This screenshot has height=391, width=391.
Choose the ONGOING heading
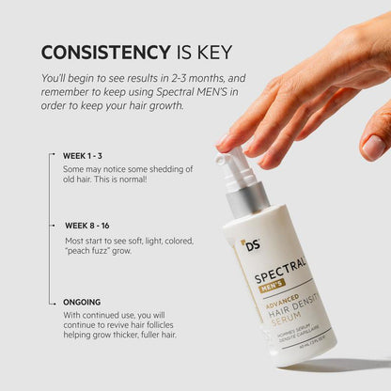(x=82, y=303)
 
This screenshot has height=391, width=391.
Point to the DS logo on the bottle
(x=249, y=245)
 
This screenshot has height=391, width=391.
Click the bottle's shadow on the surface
(x=338, y=365)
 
